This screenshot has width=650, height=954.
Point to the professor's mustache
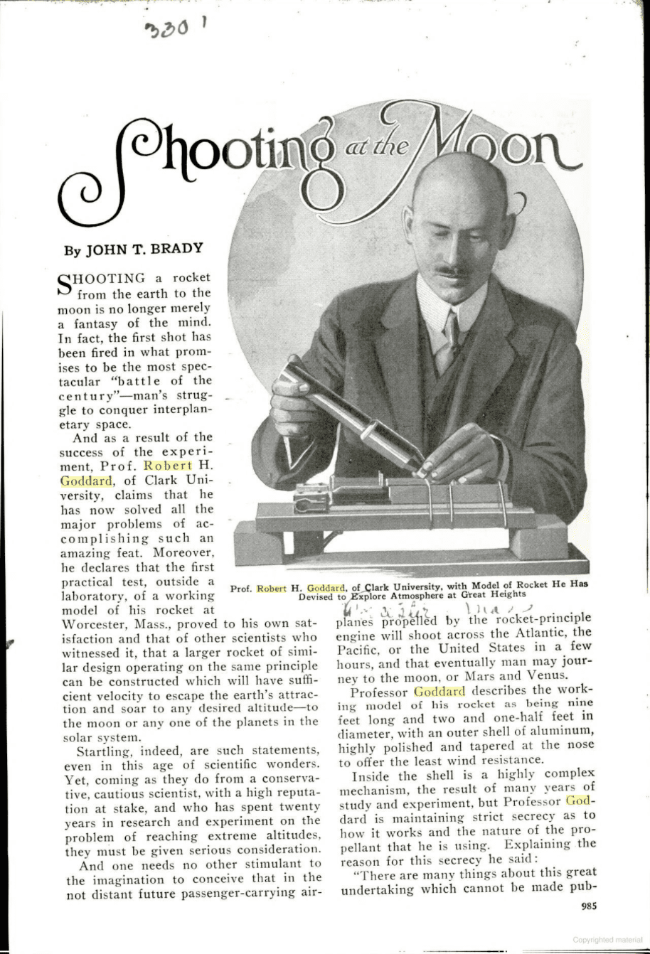(x=453, y=271)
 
